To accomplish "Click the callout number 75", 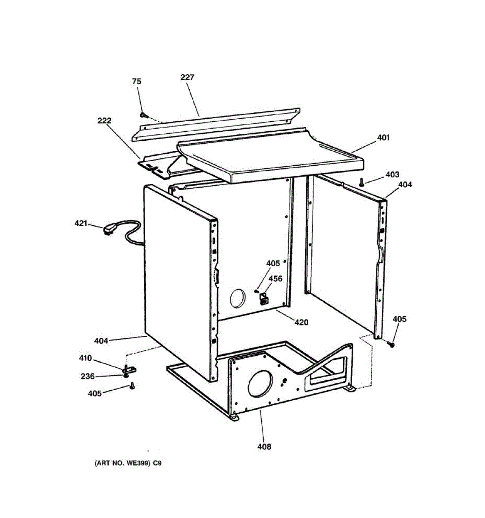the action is (137, 82).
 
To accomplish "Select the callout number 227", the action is (187, 78).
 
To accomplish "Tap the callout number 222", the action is (104, 121).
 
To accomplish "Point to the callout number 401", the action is (383, 138).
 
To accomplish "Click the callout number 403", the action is (392, 175).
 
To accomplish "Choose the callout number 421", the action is (81, 224).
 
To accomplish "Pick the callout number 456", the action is (275, 279).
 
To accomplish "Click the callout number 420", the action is (301, 322).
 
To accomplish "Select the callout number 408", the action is (264, 447).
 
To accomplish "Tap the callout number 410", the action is (85, 358).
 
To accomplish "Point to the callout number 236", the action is (88, 376).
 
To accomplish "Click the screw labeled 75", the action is (144, 115).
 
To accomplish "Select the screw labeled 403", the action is (362, 183).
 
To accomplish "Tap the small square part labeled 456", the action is (263, 297).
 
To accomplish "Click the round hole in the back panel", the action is (237, 299).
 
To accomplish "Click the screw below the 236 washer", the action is (132, 386).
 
